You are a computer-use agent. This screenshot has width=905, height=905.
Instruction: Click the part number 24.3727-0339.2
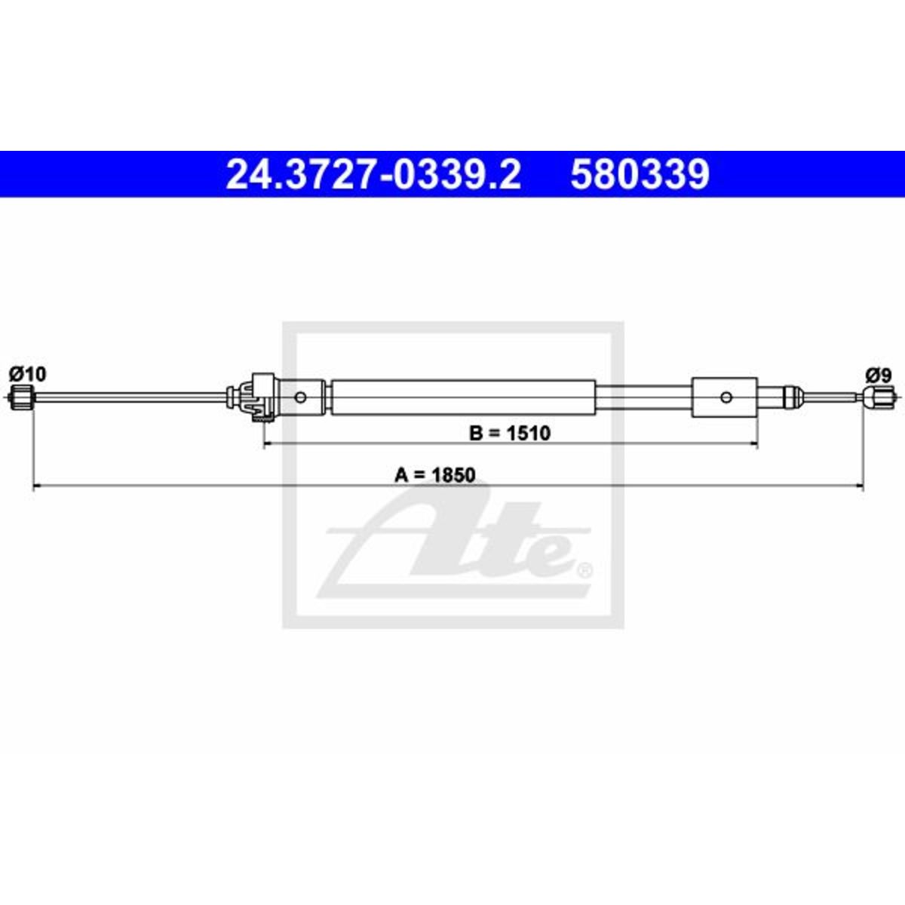pyautogui.click(x=373, y=174)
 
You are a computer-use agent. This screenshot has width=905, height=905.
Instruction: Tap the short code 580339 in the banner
pyautogui.click(x=640, y=174)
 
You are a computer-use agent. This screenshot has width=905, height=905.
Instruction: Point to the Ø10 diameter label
pyautogui.click(x=28, y=374)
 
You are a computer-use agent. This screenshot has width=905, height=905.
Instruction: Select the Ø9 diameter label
pyautogui.click(x=879, y=376)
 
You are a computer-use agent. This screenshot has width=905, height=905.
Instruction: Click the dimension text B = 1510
pyautogui.click(x=510, y=433)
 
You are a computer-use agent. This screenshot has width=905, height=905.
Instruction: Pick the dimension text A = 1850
pyautogui.click(x=435, y=475)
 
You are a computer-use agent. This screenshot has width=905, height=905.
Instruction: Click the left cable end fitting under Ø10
pyautogui.click(x=23, y=397)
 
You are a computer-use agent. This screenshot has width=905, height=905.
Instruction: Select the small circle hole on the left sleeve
pyautogui.click(x=301, y=397)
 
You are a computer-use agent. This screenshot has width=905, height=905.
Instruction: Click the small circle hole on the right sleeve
pyautogui.click(x=726, y=397)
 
